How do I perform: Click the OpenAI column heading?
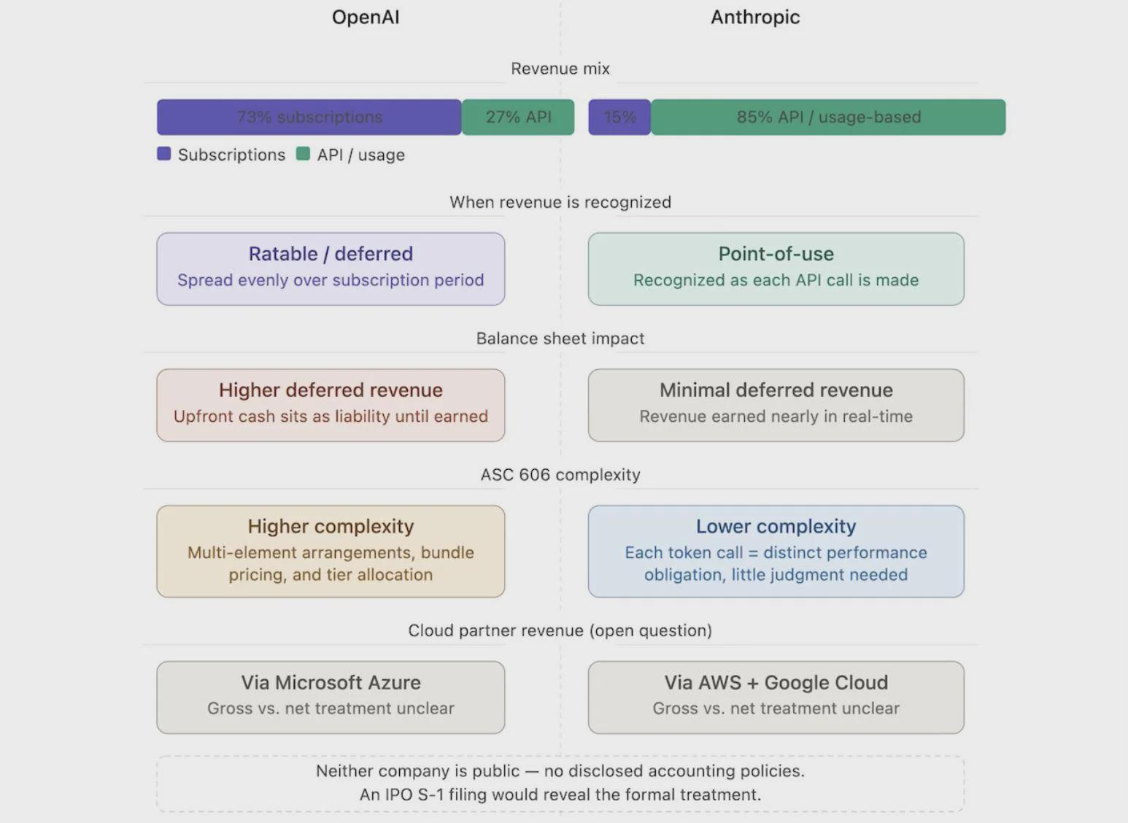pos(366,18)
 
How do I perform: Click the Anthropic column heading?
pos(755,18)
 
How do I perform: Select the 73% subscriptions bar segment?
pos(309,117)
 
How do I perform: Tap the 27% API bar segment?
pos(518,117)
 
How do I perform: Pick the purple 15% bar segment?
pos(619,117)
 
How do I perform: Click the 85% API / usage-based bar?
pos(828,117)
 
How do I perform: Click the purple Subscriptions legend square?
pos(164,154)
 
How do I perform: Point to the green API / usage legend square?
pos(303,154)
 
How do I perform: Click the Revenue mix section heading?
pos(560,69)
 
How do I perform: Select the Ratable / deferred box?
pos(331,268)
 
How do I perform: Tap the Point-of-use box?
pos(776,268)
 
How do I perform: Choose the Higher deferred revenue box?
pos(331,405)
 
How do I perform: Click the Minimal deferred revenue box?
pos(776,405)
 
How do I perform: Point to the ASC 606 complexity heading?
pos(560,475)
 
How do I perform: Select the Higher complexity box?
pos(331,551)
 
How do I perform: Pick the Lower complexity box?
pos(776,551)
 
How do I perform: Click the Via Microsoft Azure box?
pos(331,697)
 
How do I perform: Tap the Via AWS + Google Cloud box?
pos(776,697)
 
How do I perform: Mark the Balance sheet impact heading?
pos(560,339)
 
